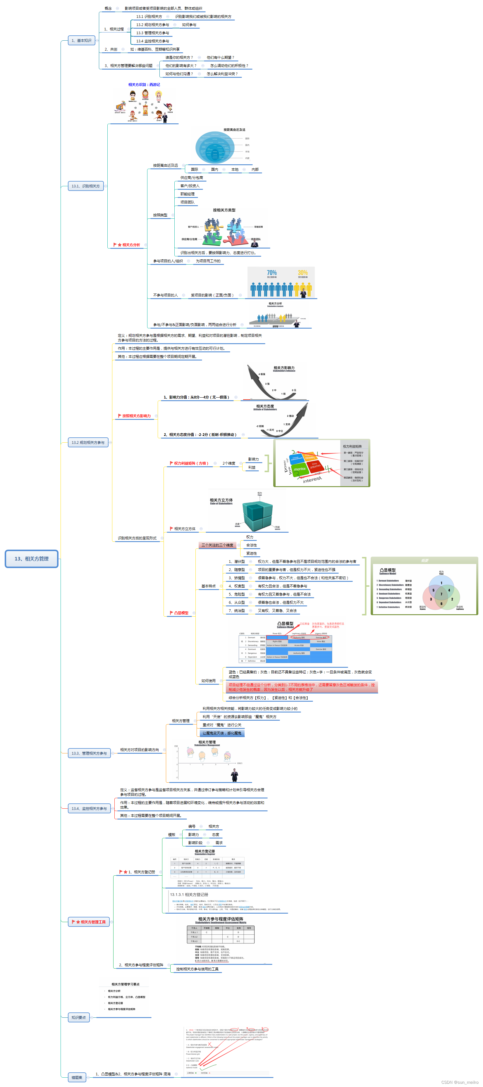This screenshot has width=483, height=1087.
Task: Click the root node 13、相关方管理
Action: click(x=31, y=559)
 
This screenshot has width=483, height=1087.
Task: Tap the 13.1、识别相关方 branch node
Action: click(x=86, y=186)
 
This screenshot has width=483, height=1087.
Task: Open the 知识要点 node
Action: click(x=78, y=1017)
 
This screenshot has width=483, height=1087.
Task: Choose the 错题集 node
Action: click(x=77, y=1077)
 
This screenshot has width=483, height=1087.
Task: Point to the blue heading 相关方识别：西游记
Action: click(x=144, y=85)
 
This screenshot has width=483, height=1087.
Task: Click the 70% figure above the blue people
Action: click(x=271, y=273)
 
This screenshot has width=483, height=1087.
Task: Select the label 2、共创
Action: click(x=111, y=49)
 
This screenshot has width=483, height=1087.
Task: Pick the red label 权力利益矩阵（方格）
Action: click(x=191, y=463)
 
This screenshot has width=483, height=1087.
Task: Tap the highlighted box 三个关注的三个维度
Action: click(x=217, y=545)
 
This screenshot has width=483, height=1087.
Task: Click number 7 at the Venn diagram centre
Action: click(x=441, y=594)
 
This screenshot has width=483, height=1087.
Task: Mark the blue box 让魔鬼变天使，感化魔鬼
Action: click(x=222, y=733)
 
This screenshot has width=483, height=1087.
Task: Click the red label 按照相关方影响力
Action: click(x=136, y=416)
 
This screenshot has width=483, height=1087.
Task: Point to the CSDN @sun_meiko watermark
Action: click(x=460, y=1082)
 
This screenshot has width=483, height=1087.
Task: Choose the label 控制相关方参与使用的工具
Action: click(x=197, y=969)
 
